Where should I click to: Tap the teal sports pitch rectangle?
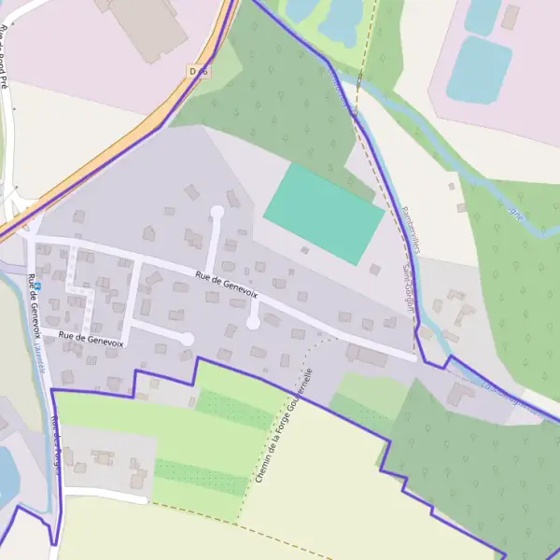(324, 214)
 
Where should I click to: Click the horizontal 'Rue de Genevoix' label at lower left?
(91, 340)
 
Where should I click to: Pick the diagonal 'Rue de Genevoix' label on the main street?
(227, 284)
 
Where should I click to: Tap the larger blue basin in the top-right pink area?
(479, 69)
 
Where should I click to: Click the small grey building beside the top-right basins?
(510, 17)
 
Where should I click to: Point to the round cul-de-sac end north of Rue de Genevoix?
(217, 212)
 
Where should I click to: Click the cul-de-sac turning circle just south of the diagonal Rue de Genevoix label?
(253, 323)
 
